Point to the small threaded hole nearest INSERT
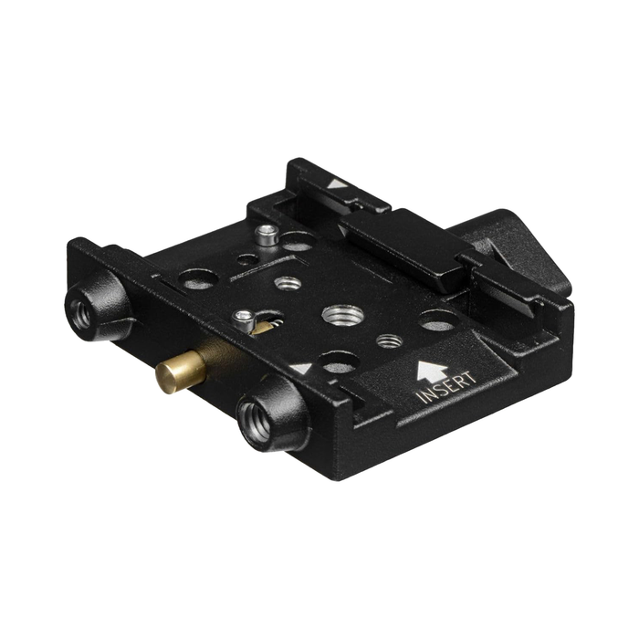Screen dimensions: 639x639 click(x=390, y=340)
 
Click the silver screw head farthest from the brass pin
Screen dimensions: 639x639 click(x=267, y=236)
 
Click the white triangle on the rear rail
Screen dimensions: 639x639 click(x=337, y=183)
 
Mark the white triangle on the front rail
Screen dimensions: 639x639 click(x=300, y=370)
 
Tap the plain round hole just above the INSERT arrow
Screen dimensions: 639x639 click(x=438, y=321)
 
